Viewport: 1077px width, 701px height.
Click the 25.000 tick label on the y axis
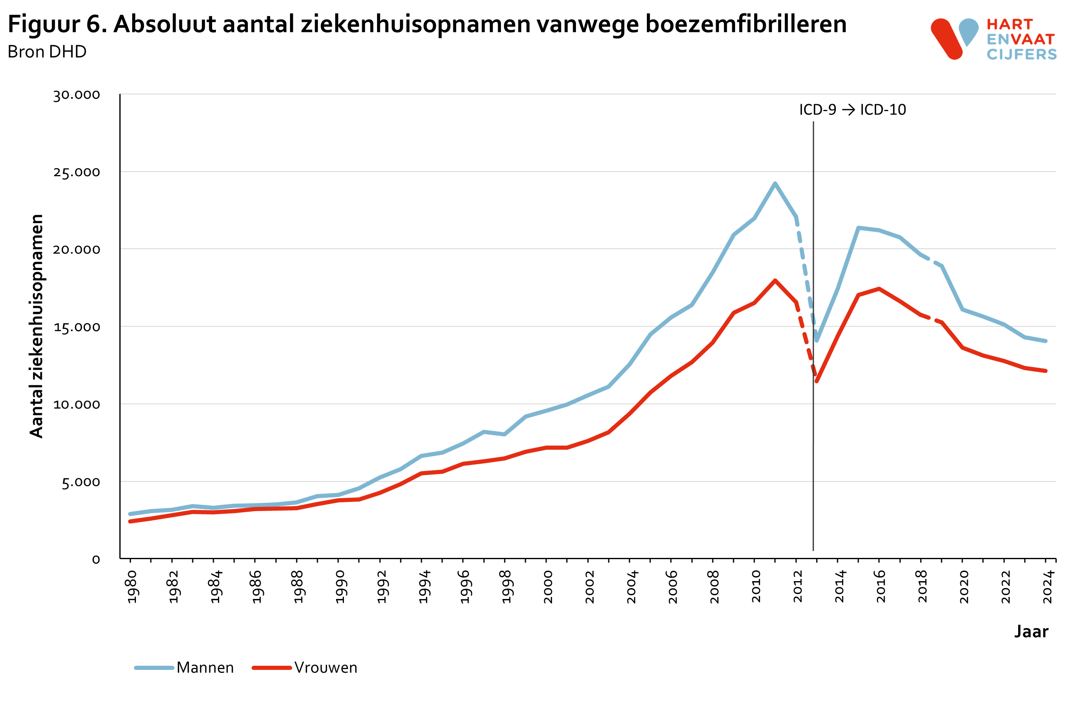point(76,173)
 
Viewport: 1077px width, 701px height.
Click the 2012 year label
point(798,587)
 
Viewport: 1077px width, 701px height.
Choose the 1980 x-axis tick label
point(132,587)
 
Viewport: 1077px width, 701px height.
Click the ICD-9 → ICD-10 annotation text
point(852,110)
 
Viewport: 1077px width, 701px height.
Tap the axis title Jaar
point(1031,632)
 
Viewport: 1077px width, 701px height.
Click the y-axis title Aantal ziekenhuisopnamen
point(36,326)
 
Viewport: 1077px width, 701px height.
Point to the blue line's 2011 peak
point(775,183)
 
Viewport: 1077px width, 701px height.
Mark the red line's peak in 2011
point(775,280)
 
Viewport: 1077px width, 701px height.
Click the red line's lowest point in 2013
point(816,381)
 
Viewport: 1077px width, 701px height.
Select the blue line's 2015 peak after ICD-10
point(859,228)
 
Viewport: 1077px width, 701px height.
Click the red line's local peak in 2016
point(879,288)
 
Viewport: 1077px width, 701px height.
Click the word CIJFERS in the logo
point(1021,55)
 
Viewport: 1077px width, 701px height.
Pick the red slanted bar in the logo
point(946,39)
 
